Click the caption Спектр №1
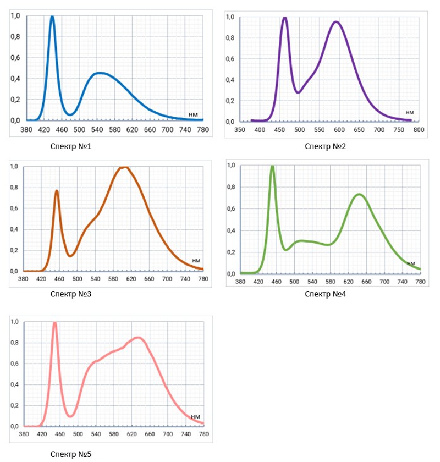[70, 146]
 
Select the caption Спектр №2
[325, 146]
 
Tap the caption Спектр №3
[70, 294]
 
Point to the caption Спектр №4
[325, 294]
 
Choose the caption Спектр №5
[70, 454]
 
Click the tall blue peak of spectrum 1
[52, 17]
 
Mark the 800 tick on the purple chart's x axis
[419, 130]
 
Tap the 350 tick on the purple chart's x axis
[240, 130]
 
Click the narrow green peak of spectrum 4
[272, 167]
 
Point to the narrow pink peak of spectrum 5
[54, 323]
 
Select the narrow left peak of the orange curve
[57, 191]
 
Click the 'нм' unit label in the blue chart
[193, 114]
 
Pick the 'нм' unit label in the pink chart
[195, 417]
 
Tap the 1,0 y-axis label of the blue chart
[15, 16]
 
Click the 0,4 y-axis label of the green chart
[231, 230]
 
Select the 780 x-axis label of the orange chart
[203, 279]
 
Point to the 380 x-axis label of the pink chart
[23, 434]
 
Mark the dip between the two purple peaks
[298, 92]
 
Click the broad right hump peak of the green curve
[359, 194]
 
